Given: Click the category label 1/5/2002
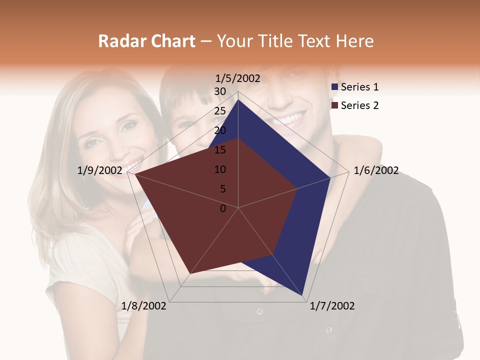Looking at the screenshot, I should [x=238, y=78].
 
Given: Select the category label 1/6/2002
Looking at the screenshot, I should [x=376, y=170].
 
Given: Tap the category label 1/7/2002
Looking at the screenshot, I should [x=332, y=306].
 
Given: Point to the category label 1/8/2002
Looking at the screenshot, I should [x=144, y=306].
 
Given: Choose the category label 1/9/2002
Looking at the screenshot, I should [x=100, y=170].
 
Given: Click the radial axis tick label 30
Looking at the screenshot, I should [x=220, y=91].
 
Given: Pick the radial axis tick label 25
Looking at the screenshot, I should [x=220, y=111].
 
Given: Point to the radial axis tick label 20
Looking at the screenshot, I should [x=220, y=130].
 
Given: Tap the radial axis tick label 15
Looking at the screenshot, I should [x=220, y=150].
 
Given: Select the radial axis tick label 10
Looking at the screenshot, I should [x=220, y=169].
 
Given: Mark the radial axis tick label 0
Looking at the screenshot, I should [x=223, y=208].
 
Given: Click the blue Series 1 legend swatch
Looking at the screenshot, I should [x=335, y=87].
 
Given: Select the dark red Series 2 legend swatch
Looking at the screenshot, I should [x=335, y=105].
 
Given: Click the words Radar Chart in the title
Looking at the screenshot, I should [x=146, y=41].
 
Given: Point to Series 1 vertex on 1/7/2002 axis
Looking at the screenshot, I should [x=302, y=295].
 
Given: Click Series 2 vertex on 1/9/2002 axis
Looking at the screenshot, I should [x=134, y=173].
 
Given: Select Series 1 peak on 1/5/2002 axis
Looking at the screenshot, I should [x=238, y=99].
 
